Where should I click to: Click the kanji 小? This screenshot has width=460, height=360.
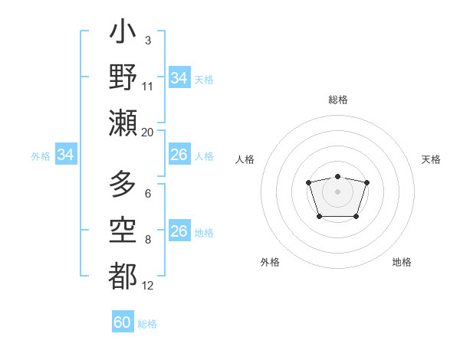(x=123, y=35)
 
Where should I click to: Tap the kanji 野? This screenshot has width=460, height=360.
(x=123, y=78)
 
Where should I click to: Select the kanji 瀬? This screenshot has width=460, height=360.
(x=123, y=123)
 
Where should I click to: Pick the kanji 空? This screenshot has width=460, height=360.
(x=123, y=231)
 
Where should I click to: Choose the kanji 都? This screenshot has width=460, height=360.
(x=123, y=276)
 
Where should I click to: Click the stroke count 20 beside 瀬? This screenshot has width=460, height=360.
(x=147, y=133)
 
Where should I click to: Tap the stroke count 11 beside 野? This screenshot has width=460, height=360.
(x=148, y=87)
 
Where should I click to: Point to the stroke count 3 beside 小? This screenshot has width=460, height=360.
(x=147, y=40)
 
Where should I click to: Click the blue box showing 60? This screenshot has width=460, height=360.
(x=123, y=322)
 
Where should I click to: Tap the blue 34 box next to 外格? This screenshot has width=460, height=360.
(x=66, y=155)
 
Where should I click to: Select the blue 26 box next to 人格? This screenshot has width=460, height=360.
(x=179, y=155)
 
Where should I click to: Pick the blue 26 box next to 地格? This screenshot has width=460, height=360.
(x=179, y=232)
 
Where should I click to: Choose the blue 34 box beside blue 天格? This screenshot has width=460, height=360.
(x=179, y=78)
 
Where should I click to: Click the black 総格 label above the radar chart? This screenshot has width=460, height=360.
(x=337, y=100)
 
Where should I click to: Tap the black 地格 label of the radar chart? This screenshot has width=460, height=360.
(x=402, y=262)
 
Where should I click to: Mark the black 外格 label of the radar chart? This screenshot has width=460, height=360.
(x=270, y=262)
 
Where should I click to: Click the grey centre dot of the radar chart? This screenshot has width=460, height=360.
(x=337, y=191)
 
